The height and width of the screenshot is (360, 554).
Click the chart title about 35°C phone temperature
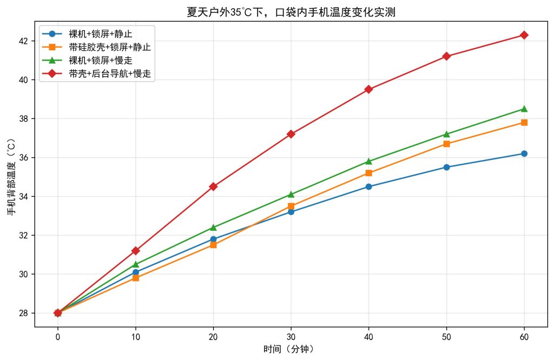[291, 12]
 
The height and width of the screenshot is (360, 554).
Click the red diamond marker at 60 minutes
[524, 35]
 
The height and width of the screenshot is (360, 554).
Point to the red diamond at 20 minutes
[213, 186]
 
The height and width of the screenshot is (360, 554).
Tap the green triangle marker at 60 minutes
[524, 109]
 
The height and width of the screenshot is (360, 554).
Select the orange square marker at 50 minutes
[446, 144]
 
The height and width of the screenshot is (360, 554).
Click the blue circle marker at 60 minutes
[524, 154]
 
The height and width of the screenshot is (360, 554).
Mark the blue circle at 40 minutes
[368, 186]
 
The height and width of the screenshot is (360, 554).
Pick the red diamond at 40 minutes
[368, 89]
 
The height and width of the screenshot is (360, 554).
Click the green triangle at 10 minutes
[135, 264]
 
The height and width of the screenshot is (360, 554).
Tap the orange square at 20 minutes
[213, 245]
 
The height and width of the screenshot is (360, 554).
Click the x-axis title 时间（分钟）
[291, 349]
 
